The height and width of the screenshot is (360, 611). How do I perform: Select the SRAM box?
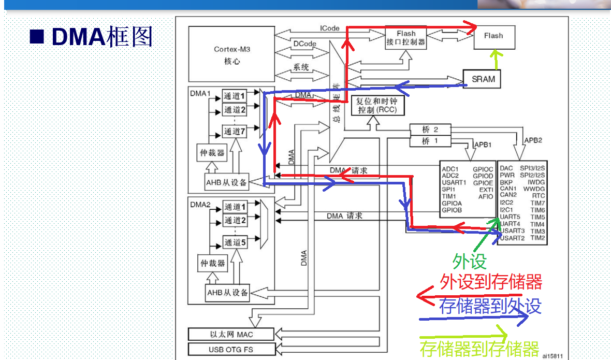coord(483,79)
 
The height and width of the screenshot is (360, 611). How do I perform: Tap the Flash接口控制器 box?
coord(406,38)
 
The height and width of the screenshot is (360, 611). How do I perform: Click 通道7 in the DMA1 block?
coord(234,132)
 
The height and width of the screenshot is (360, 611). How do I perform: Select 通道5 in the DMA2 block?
coord(234,242)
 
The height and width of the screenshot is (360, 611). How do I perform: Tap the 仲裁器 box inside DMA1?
coord(213,153)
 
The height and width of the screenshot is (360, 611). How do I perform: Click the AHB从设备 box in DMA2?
coord(227,293)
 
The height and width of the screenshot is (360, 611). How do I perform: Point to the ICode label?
coord(330,28)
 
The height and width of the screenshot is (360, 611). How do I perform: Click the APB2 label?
coord(533,140)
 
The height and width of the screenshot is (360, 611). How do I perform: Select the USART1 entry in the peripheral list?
coord(454,182)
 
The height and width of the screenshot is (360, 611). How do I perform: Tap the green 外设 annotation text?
coord(470,261)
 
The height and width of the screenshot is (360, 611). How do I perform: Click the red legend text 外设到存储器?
coord(491,282)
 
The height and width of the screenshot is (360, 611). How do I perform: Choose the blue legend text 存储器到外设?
coord(490,306)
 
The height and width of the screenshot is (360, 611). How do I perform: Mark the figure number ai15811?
coord(552,356)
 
